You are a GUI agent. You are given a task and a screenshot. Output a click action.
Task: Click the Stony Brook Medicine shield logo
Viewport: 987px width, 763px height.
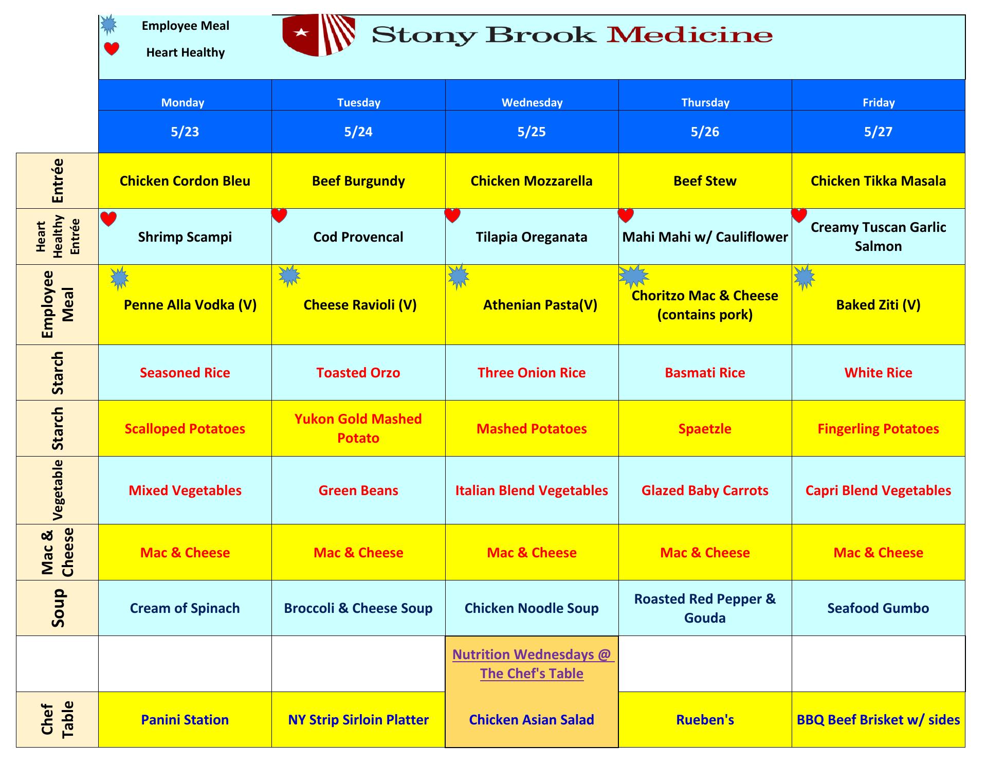319,35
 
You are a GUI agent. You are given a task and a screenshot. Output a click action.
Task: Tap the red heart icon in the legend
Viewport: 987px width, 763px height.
112,49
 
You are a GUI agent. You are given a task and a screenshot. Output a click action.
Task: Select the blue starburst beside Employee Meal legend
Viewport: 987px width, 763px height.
108,24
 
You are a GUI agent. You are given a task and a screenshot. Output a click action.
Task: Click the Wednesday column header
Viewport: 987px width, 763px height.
532,102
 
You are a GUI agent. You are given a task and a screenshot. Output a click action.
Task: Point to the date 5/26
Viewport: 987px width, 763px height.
705,132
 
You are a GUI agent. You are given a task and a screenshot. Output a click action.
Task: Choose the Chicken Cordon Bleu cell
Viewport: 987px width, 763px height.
185,181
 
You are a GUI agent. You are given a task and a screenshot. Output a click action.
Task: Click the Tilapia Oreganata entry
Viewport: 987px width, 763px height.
532,237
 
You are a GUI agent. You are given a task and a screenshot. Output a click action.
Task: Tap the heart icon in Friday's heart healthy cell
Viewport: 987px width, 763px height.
799,215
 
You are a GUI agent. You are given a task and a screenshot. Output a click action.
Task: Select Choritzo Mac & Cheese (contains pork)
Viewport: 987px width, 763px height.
705,305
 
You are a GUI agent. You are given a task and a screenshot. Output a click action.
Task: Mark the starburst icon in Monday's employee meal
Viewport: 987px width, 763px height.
119,278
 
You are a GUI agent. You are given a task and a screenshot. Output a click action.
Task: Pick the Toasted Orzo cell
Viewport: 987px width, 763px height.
358,373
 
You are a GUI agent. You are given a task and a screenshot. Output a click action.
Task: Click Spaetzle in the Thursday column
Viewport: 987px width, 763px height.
705,429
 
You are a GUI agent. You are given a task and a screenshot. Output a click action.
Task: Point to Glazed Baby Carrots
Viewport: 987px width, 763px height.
705,491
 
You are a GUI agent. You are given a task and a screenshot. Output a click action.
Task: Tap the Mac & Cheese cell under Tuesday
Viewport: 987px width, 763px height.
358,553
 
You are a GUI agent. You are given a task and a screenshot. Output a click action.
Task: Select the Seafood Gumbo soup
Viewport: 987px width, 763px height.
878,608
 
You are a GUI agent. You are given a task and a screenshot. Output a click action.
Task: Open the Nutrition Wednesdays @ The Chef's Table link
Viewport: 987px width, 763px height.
532,664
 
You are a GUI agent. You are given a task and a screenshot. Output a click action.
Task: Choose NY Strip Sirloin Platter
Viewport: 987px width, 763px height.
358,720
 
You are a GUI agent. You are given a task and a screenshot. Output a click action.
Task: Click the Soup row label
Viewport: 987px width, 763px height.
58,608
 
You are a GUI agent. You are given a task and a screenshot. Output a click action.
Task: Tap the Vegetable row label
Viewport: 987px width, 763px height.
58,490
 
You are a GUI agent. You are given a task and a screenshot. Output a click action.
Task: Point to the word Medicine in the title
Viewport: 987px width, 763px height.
689,35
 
